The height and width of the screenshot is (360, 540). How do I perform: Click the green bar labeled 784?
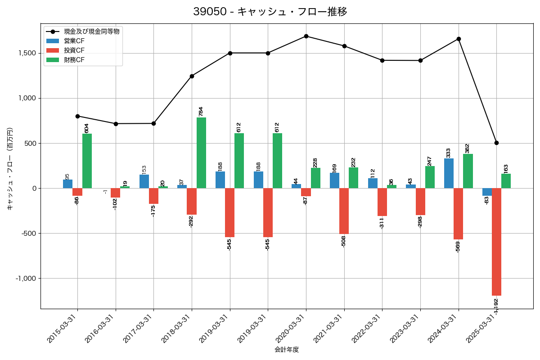[201, 153]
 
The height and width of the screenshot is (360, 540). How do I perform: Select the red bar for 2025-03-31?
[496, 242]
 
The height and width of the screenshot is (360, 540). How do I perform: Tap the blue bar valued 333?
[449, 173]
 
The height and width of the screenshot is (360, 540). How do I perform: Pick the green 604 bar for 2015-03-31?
[87, 161]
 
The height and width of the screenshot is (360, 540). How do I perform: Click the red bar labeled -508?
[344, 211]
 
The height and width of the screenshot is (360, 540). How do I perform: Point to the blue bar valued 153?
[144, 181]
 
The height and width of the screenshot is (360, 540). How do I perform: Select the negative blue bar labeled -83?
[487, 192]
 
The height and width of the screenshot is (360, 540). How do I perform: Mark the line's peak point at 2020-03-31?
[306, 36]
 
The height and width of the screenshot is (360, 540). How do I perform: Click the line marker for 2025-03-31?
[496, 143]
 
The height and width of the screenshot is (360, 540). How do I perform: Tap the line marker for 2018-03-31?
[192, 76]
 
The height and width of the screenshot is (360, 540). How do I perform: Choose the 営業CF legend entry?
[74, 41]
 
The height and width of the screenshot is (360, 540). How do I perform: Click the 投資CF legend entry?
[74, 50]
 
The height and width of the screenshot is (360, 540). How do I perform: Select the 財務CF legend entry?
[74, 59]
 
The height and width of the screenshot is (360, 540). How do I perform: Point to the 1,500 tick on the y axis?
[27, 53]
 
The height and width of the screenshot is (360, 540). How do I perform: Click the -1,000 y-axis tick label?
[26, 278]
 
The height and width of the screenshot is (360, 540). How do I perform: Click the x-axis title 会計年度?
[287, 350]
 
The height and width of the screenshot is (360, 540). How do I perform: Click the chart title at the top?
[270, 12]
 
